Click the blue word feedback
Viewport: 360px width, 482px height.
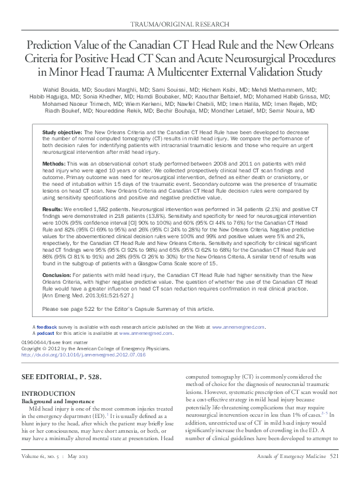[x=46, y=326]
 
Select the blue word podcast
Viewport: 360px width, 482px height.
[x=46, y=332]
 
